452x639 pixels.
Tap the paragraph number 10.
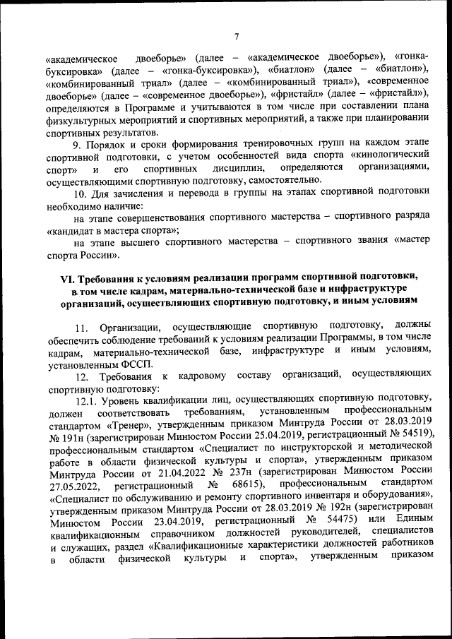pos(80,193)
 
